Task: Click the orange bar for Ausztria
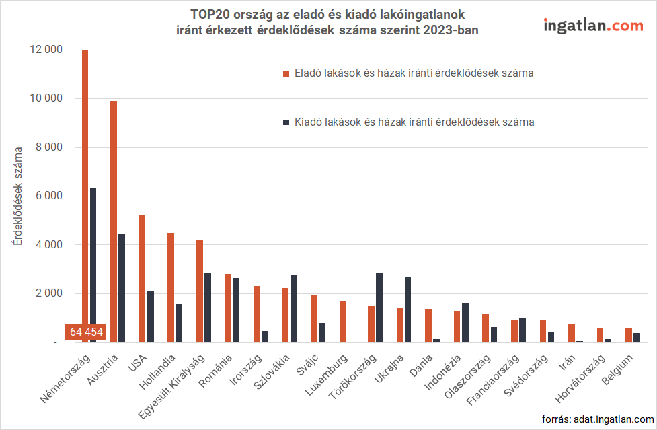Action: pyautogui.click(x=114, y=221)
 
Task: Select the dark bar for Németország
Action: pyautogui.click(x=93, y=265)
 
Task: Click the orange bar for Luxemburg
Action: pyautogui.click(x=342, y=322)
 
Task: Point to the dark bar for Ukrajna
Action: pyautogui.click(x=408, y=310)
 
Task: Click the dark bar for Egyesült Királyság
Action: pyautogui.click(x=208, y=307)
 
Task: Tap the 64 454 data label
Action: pyautogui.click(x=85, y=332)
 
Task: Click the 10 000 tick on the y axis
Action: pyautogui.click(x=46, y=98)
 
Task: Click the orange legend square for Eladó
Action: pyautogui.click(x=285, y=73)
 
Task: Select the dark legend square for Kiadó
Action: pyautogui.click(x=285, y=122)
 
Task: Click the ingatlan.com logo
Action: pyautogui.click(x=592, y=26)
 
